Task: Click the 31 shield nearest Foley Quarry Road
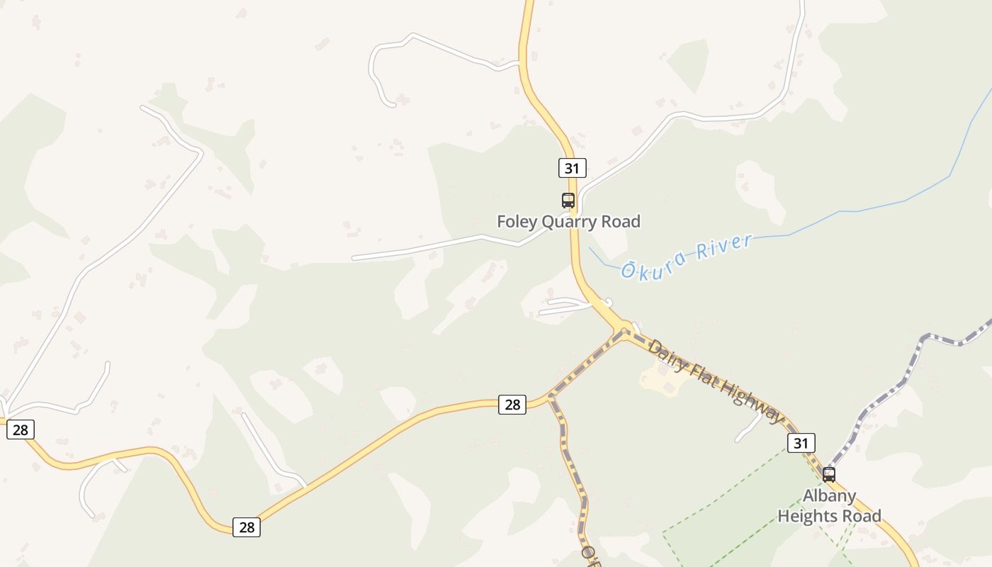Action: pos(572,168)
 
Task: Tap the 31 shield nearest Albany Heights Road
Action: pos(801,443)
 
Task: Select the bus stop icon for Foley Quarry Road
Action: pos(568,200)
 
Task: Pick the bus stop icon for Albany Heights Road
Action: pos(828,474)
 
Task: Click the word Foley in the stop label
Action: pos(517,222)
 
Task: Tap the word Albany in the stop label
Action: pos(829,495)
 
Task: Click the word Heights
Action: pos(809,515)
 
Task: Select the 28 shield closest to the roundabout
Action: pos(512,405)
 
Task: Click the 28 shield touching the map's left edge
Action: pos(20,429)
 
